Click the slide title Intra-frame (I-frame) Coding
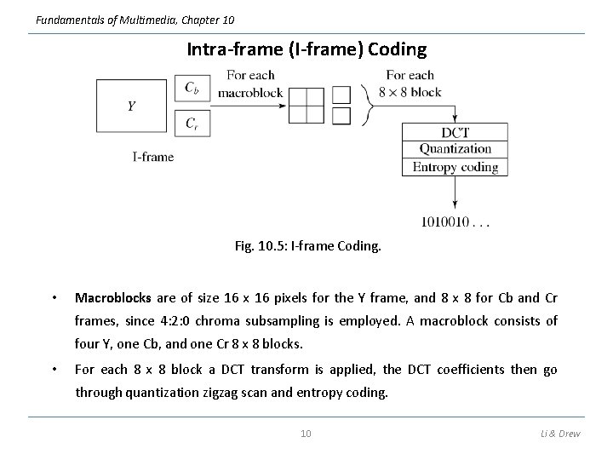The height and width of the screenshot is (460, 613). (306, 49)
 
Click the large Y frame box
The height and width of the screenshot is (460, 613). (132, 106)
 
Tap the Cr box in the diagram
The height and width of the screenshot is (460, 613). (192, 124)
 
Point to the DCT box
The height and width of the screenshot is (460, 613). (455, 132)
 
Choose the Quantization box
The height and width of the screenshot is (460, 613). (455, 149)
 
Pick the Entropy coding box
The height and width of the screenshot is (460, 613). (455, 167)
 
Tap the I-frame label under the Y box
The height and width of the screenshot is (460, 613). (153, 157)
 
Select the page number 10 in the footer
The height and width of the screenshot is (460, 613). (306, 434)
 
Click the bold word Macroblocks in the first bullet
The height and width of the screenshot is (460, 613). (113, 298)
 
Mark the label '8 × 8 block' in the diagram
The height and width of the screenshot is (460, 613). (410, 92)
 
